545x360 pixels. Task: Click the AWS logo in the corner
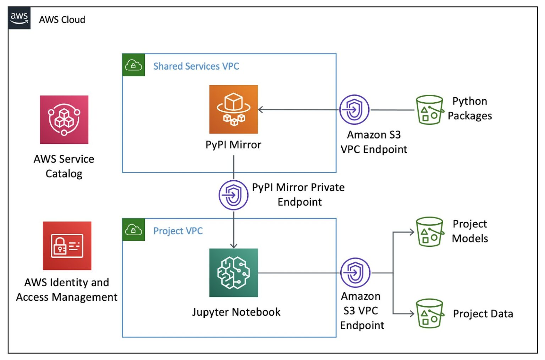click(19, 18)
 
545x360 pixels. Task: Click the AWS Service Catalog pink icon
click(64, 120)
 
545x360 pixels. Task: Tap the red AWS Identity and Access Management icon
click(67, 246)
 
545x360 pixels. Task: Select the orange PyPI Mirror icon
click(233, 109)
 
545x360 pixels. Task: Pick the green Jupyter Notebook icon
click(233, 273)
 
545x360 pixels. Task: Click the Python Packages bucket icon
click(430, 110)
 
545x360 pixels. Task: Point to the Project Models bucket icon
click(430, 232)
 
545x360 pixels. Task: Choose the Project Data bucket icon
click(430, 313)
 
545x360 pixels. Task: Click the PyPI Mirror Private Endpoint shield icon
click(233, 195)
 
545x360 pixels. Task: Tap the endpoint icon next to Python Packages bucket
click(354, 110)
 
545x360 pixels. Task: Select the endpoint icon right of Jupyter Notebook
click(355, 273)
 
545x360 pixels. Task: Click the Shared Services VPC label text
click(196, 66)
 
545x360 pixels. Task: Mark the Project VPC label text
click(178, 231)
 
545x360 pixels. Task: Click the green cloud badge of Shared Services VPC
click(133, 65)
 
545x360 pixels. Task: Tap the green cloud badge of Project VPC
click(133, 230)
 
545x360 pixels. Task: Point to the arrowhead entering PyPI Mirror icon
click(261, 110)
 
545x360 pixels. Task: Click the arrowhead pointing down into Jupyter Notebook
click(233, 246)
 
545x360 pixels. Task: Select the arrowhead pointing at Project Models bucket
click(412, 232)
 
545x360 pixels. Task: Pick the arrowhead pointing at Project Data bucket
click(412, 314)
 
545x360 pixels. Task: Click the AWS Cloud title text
click(62, 20)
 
